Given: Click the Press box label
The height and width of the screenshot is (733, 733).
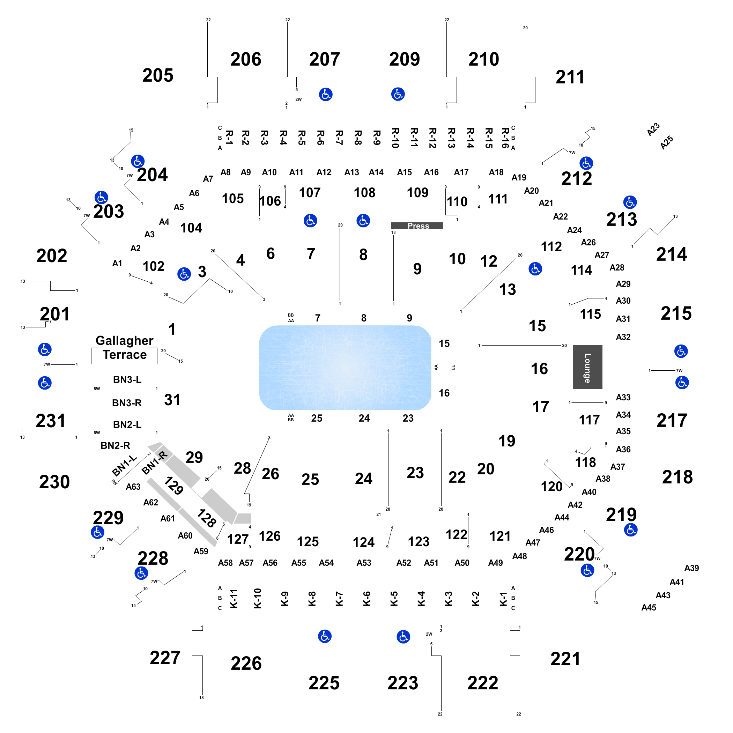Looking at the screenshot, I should (x=418, y=226).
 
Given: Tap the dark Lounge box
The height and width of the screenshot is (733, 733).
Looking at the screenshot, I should (x=587, y=367).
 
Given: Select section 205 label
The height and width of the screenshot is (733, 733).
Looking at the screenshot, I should (x=158, y=75).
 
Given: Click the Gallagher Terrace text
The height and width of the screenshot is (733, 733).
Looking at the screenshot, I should (x=125, y=348).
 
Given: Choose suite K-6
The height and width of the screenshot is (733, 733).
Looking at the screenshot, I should (x=366, y=598).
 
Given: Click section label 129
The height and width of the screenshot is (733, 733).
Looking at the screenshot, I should (x=174, y=486).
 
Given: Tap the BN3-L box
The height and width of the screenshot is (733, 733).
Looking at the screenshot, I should (x=127, y=379).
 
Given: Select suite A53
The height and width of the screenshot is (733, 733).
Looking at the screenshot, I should (x=363, y=563).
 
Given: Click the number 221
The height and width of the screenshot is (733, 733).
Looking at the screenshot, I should (x=565, y=659).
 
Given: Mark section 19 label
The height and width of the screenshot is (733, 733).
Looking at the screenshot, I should (x=507, y=441).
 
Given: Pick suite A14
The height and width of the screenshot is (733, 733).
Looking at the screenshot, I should (x=376, y=172).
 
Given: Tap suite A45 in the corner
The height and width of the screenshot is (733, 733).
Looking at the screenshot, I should (x=649, y=607).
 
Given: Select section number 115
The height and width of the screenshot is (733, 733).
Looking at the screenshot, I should (x=590, y=314).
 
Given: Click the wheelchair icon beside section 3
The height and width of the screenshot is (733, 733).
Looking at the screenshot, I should (x=184, y=274).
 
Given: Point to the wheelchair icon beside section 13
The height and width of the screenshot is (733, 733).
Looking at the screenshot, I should (x=535, y=269).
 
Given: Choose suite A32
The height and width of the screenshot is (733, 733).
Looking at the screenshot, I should (x=623, y=337).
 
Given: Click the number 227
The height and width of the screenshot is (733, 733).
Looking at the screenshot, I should (x=165, y=658).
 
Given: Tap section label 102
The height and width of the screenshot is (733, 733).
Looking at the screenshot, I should (x=153, y=266).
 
